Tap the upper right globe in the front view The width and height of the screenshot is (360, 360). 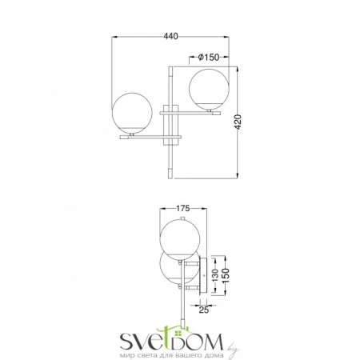[x=209, y=88]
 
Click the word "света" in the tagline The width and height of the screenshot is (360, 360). [x=148, y=353]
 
